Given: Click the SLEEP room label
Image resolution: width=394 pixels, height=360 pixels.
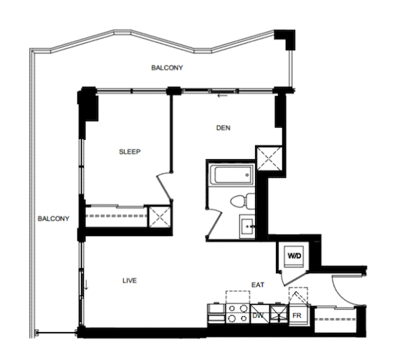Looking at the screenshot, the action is (130, 152).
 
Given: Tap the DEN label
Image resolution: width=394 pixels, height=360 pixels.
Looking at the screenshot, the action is (223, 128).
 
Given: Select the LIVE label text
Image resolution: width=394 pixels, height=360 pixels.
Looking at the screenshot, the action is (130, 280).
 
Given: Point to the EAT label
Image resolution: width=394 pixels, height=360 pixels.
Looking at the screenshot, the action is (258, 285).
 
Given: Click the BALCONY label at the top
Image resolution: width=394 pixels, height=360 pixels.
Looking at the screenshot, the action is (167, 67).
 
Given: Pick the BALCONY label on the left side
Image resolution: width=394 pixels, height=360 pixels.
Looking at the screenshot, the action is (53, 219).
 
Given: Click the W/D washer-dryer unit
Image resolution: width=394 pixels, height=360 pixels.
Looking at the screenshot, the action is (294, 256).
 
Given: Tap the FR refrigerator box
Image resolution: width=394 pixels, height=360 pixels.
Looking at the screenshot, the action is (297, 316).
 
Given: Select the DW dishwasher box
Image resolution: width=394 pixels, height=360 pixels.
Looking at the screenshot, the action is (259, 314).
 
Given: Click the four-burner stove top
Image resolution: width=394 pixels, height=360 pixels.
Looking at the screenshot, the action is (238, 313).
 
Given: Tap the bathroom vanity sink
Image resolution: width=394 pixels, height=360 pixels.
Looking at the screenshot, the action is (247, 227).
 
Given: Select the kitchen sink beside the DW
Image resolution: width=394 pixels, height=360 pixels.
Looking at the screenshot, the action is (279, 314).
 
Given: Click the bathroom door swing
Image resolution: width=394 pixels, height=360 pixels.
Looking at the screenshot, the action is (215, 222).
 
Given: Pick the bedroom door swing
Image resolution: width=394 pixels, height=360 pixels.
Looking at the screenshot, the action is (165, 186).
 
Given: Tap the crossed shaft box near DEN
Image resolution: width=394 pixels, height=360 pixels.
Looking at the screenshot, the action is (269, 158).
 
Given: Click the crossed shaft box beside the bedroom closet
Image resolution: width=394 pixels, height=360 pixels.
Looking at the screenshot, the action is (160, 217).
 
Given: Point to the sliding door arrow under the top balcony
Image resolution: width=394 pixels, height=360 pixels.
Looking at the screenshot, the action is (223, 95).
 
